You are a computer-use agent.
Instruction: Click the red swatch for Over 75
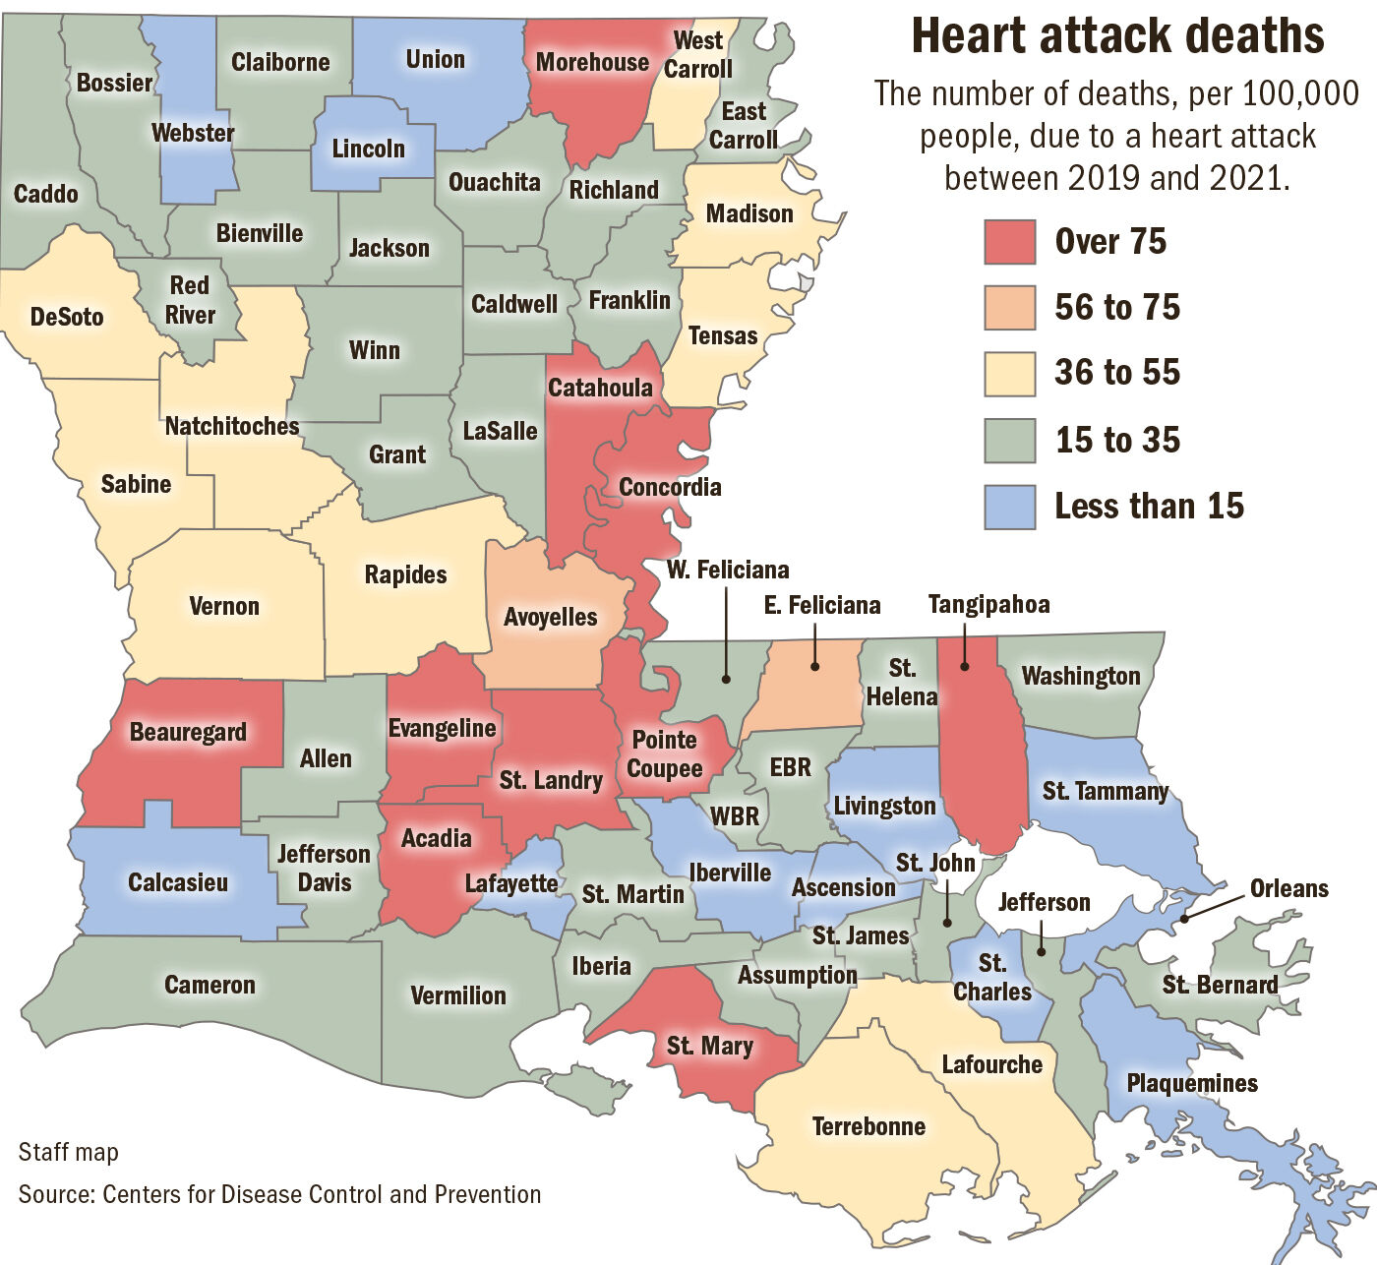[1009, 242]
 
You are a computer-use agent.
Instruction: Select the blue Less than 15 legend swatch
[1009, 507]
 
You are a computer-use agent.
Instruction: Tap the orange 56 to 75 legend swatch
[1009, 308]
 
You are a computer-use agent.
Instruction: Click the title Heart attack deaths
[1117, 36]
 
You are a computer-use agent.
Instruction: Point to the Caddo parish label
[46, 193]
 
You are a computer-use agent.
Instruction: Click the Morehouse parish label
[592, 62]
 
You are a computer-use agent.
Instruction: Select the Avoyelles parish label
[551, 617]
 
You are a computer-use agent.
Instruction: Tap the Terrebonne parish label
[868, 1126]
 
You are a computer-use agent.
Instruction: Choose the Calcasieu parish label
[178, 882]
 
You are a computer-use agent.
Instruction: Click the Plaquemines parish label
[1192, 1083]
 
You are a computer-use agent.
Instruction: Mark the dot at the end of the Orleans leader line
[1184, 918]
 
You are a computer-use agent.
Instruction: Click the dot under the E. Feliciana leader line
[815, 667]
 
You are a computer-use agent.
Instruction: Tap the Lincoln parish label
[369, 149]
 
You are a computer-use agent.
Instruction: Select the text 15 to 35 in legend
[1117, 440]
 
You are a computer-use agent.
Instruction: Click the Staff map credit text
[69, 1152]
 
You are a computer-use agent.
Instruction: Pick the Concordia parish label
[670, 487]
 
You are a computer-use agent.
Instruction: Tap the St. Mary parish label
[709, 1046]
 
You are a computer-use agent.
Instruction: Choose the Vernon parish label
[224, 606]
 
